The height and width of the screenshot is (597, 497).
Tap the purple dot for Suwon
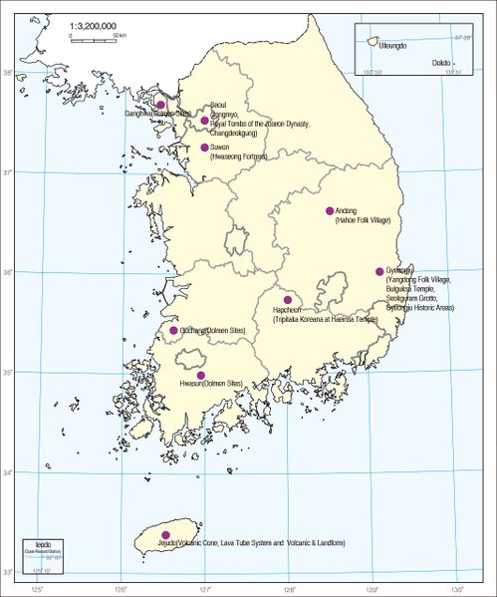(x=204, y=148)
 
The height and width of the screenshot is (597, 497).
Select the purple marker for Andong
(x=330, y=210)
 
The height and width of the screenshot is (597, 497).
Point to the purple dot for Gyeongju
(x=379, y=271)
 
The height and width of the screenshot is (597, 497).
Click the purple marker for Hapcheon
(x=288, y=299)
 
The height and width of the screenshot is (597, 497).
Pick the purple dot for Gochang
(x=173, y=330)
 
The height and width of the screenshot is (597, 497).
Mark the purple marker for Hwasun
(x=201, y=375)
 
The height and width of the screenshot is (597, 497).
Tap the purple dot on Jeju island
(x=165, y=535)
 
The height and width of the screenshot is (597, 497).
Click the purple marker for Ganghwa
(x=160, y=104)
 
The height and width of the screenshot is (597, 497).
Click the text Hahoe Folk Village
(x=363, y=219)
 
